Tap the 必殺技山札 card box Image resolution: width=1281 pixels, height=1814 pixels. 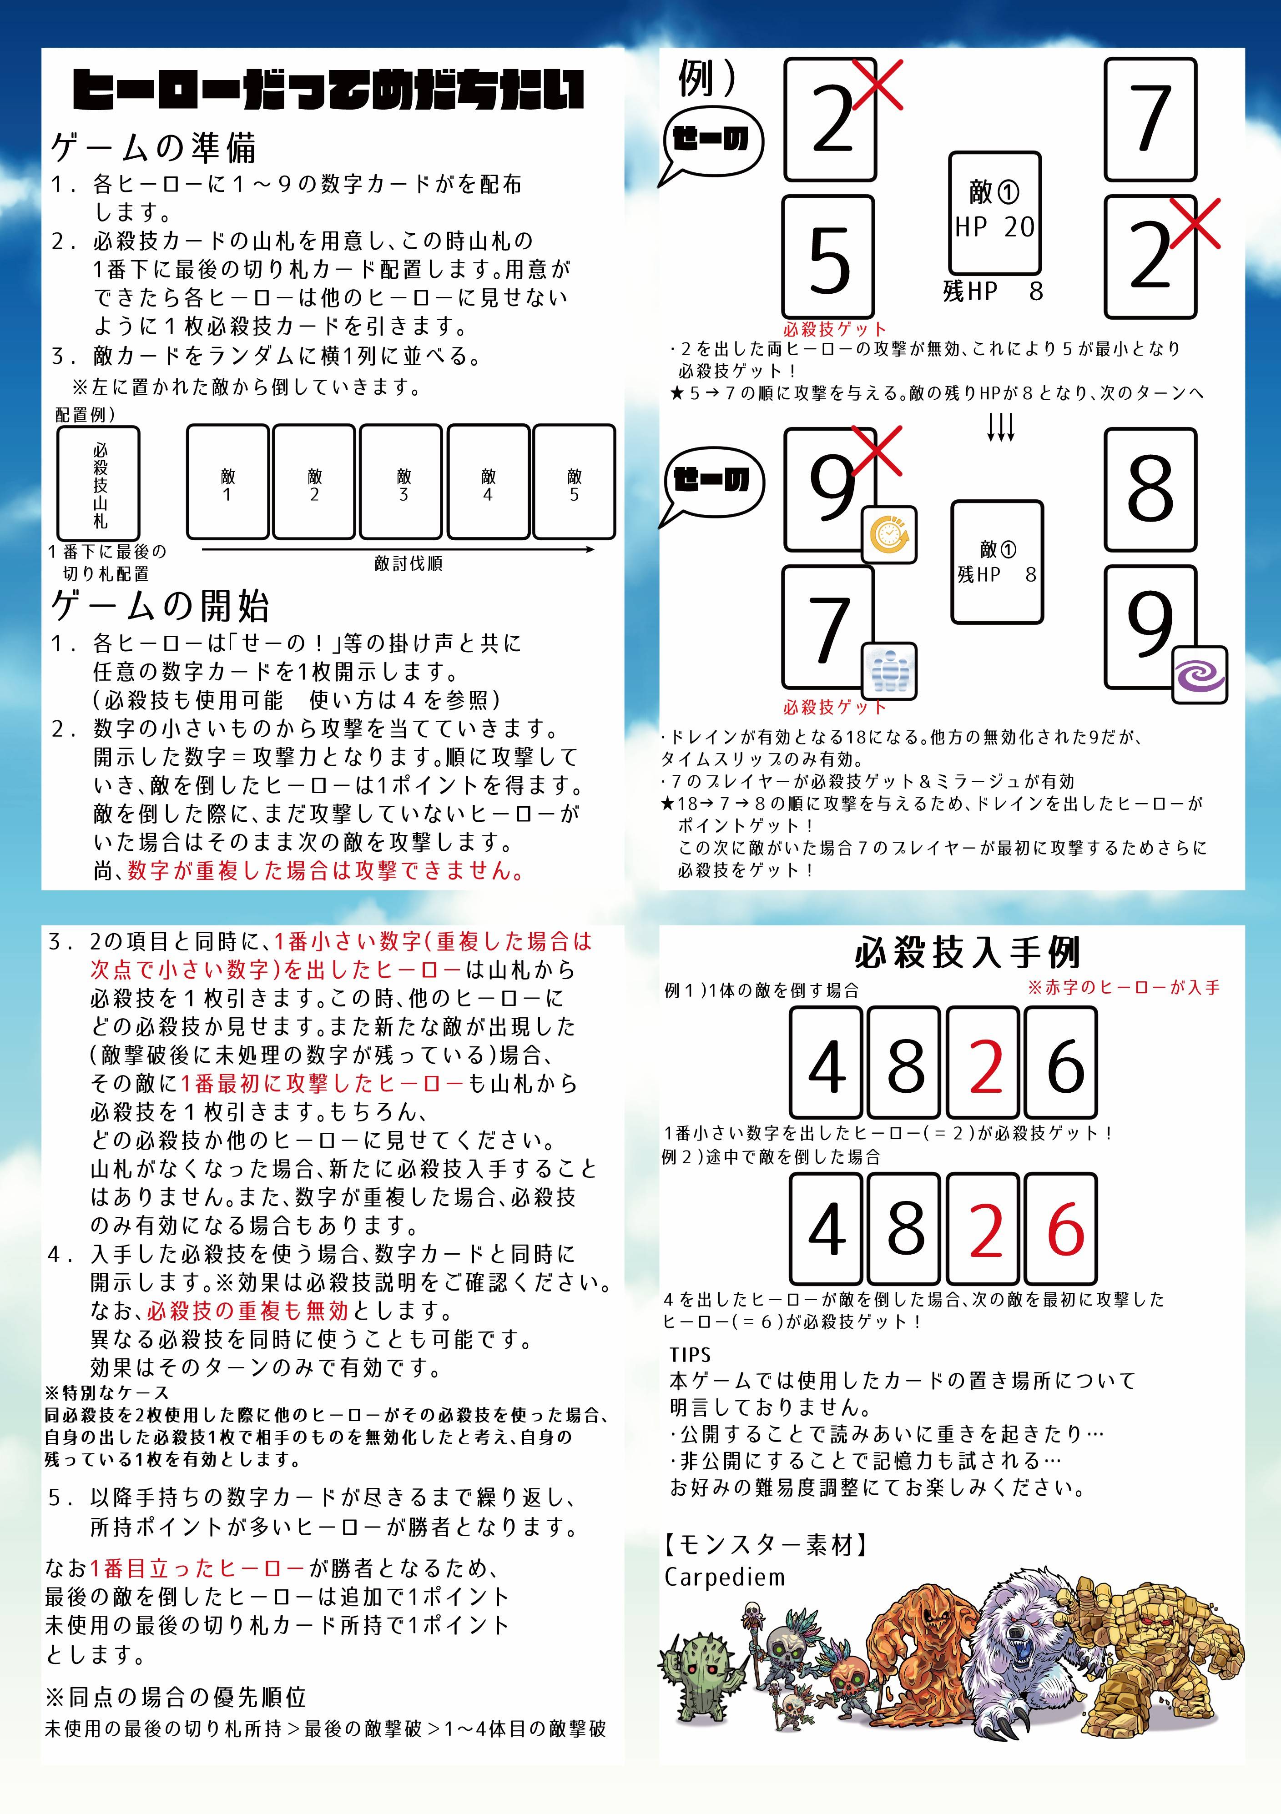click(x=99, y=483)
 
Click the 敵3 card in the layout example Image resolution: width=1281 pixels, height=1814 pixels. click(x=401, y=482)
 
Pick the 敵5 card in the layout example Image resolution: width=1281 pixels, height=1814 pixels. click(x=575, y=482)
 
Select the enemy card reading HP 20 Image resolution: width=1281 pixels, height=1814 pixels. click(x=995, y=213)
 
